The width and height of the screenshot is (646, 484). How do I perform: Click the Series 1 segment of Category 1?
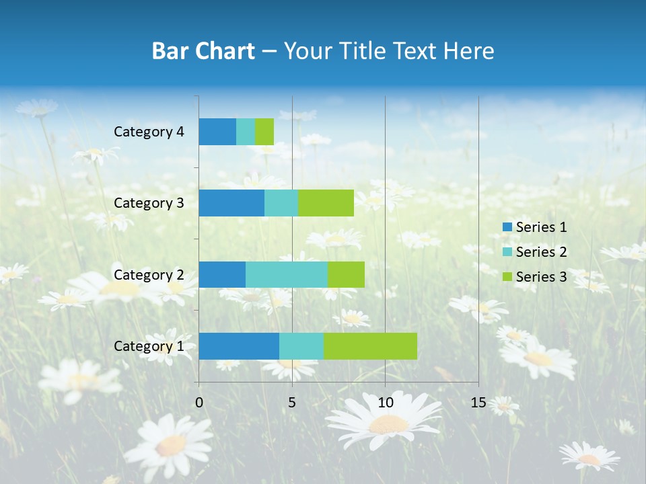coord(239,346)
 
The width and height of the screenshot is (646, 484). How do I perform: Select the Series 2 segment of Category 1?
coord(301,346)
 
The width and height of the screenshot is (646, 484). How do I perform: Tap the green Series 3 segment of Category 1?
coord(370,346)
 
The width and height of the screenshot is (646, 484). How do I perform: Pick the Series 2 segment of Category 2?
coord(287,274)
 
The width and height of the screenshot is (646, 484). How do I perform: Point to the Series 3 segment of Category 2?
coord(346,274)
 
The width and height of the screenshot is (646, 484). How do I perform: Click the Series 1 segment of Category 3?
coord(231,203)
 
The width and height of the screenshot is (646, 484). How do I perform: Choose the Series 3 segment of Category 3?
coord(326,203)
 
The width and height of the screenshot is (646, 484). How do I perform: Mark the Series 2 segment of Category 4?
coord(246,132)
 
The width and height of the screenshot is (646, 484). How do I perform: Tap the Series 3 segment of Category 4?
coord(264,132)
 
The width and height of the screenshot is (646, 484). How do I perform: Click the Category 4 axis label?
coord(149,132)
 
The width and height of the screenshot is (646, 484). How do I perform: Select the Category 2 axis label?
coord(149,274)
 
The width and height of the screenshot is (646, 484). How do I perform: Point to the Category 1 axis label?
coord(149,346)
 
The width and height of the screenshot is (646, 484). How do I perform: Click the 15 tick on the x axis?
coord(478,403)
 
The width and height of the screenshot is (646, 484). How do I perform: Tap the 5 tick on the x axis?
coord(292,403)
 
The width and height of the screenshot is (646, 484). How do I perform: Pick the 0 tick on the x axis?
coord(199,403)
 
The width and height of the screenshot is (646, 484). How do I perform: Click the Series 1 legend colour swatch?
coord(507,227)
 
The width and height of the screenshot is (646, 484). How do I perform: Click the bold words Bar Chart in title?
coord(203,51)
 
